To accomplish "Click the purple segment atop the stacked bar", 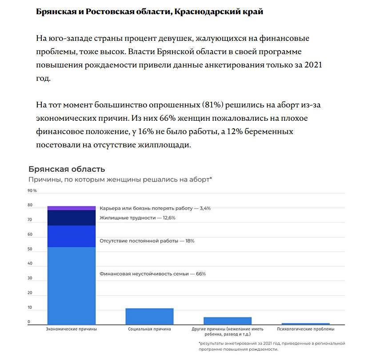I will (x=72, y=208).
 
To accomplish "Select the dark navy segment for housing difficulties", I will (x=72, y=218).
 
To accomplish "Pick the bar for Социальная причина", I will (x=149, y=316).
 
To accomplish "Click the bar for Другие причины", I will (x=228, y=320).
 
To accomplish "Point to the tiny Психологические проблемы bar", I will (x=305, y=324).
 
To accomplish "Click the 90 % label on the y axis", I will (x=32, y=190).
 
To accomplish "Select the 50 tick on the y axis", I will (x=30, y=249).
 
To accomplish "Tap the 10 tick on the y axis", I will (x=30, y=308).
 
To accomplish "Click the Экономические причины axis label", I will (x=72, y=329).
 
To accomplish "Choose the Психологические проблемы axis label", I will (x=305, y=329).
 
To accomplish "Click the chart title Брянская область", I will (x=67, y=169).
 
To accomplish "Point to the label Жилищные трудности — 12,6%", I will (x=137, y=218).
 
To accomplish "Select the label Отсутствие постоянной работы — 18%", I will (x=147, y=241).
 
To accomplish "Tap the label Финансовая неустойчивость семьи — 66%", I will (x=152, y=274).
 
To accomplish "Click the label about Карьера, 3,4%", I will (x=155, y=208).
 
